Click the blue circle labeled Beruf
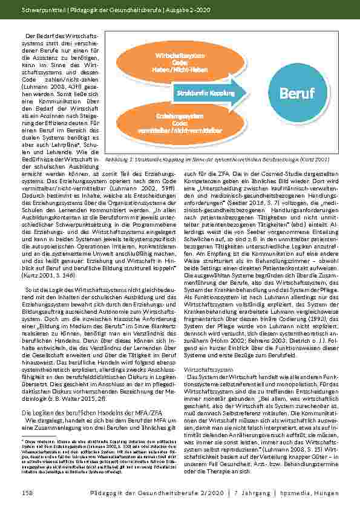(x=297, y=94)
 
